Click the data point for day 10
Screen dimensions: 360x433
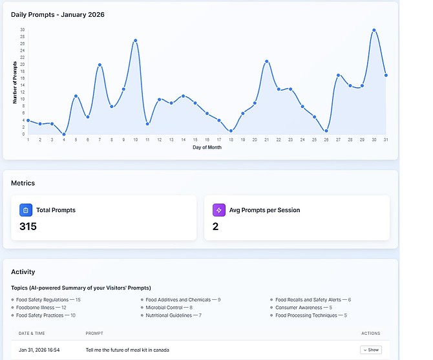point(136,40)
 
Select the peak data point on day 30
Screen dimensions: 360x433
point(374,30)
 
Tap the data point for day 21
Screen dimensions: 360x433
point(266,61)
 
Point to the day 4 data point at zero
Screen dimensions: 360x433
point(64,134)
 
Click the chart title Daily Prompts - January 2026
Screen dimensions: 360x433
point(58,14)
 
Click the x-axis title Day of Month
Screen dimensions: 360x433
point(207,147)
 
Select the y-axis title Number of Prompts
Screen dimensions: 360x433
point(14,82)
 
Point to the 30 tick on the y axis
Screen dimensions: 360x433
point(22,30)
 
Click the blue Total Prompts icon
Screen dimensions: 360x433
point(25,210)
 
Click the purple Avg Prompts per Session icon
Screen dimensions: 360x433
point(218,210)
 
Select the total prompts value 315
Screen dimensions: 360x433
point(28,227)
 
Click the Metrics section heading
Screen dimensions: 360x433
point(23,183)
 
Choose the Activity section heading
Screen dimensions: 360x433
point(23,272)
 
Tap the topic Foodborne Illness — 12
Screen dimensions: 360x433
point(41,308)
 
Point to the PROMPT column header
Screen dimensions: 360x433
point(94,334)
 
